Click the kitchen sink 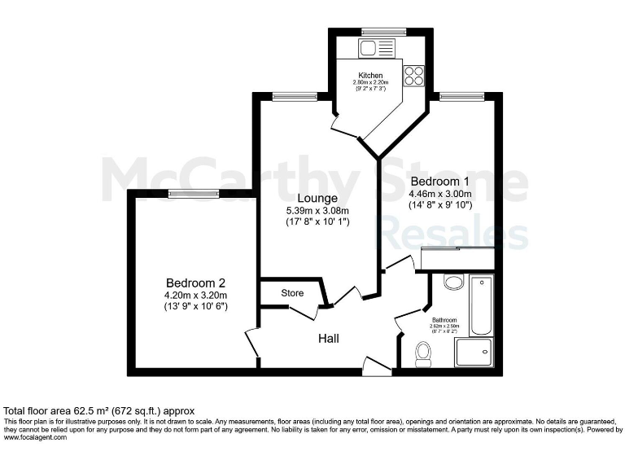pos(368,48)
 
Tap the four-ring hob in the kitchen pos(413,75)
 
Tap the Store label pos(292,293)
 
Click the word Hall pos(329,339)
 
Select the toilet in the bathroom pos(423,353)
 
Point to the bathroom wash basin pos(454,283)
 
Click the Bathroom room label pos(444,320)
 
